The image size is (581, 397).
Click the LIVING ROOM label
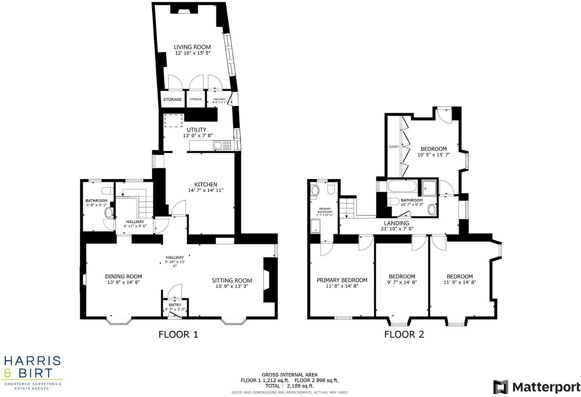(x=192, y=47)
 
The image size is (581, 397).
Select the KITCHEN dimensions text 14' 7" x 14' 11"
(x=205, y=190)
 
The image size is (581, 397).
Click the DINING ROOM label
(x=123, y=276)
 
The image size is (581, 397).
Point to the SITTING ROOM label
(x=232, y=280)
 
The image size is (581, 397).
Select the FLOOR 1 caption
(x=178, y=334)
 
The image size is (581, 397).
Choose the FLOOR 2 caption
(x=404, y=334)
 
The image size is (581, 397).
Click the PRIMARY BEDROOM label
(x=342, y=280)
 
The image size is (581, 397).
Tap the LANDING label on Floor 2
(x=396, y=223)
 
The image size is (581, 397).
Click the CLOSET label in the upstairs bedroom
(x=394, y=147)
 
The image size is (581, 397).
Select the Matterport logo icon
(x=500, y=387)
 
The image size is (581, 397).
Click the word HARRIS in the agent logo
(x=32, y=361)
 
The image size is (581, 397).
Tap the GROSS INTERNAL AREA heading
(x=290, y=375)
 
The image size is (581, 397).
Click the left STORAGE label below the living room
(x=172, y=99)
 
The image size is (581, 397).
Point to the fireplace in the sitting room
(x=267, y=280)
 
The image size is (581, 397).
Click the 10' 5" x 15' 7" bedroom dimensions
(x=434, y=155)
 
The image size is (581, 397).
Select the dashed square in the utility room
(x=173, y=121)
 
